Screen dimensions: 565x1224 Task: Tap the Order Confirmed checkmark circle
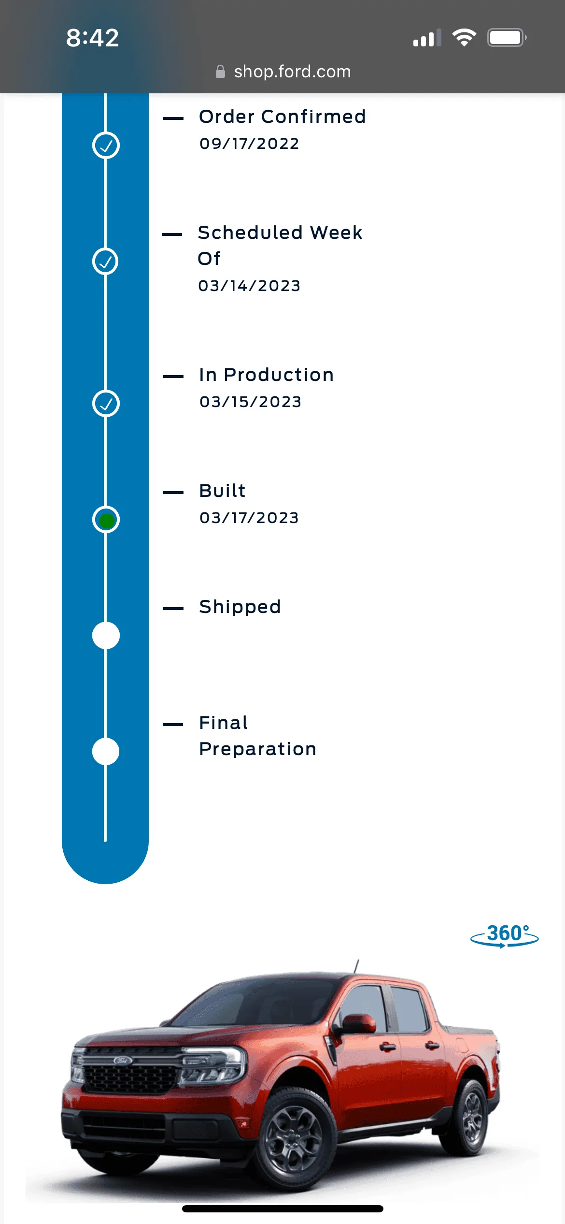pyautogui.click(x=106, y=146)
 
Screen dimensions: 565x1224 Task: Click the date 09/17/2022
pyautogui.click(x=249, y=144)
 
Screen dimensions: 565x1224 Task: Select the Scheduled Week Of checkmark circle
pyautogui.click(x=105, y=262)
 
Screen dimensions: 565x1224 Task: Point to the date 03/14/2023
pyautogui.click(x=249, y=286)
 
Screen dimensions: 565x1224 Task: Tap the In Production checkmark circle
pyautogui.click(x=106, y=404)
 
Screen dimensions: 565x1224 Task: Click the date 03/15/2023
pyautogui.click(x=250, y=402)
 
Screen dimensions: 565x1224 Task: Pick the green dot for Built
pyautogui.click(x=106, y=520)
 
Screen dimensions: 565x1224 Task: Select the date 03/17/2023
pyautogui.click(x=249, y=518)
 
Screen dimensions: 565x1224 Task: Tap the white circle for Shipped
pyautogui.click(x=106, y=636)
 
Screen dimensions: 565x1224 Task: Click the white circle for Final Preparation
pyautogui.click(x=106, y=752)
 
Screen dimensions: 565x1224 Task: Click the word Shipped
pyautogui.click(x=240, y=607)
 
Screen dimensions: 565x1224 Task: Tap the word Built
pyautogui.click(x=223, y=491)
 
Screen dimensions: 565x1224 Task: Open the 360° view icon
pyautogui.click(x=505, y=935)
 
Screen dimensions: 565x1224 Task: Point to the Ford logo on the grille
pyautogui.click(x=123, y=1061)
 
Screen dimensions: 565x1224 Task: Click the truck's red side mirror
pyautogui.click(x=359, y=1023)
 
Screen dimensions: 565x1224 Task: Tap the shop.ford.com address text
pyautogui.click(x=292, y=72)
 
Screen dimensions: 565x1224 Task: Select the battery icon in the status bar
pyautogui.click(x=507, y=38)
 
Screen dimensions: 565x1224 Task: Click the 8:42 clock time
pyautogui.click(x=92, y=38)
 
